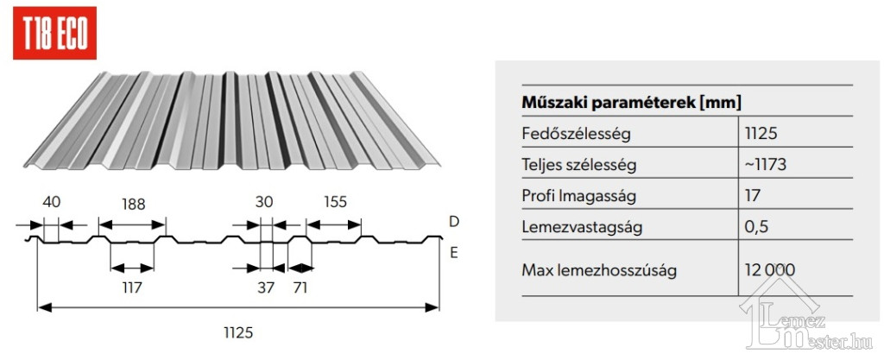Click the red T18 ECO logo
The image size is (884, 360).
click(x=54, y=34)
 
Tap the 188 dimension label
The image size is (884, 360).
click(x=133, y=204)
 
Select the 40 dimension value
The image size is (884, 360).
click(x=51, y=201)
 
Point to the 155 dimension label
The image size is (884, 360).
click(x=335, y=201)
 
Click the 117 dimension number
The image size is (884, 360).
click(x=131, y=287)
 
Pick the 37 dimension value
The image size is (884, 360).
click(x=266, y=287)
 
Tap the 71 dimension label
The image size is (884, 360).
click(x=300, y=287)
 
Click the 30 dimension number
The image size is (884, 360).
click(x=264, y=202)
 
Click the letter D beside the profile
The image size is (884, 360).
click(x=454, y=221)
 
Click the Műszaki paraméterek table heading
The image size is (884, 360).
click(x=631, y=103)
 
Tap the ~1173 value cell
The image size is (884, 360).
click(x=765, y=165)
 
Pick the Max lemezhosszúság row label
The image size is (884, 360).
click(x=599, y=270)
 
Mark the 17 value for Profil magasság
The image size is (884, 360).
click(x=752, y=196)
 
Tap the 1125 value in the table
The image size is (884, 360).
click(x=761, y=134)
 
